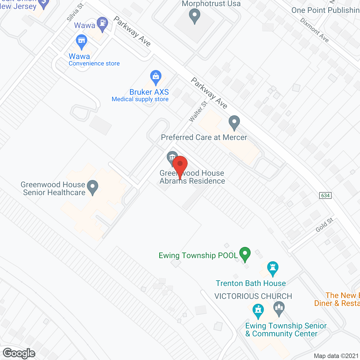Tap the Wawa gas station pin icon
tap(102, 24)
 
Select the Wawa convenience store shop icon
tap(82, 41)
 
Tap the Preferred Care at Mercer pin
tap(234, 123)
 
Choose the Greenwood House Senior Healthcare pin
tap(92, 187)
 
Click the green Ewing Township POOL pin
tap(245, 254)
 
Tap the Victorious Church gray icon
tap(279, 309)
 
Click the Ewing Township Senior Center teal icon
tap(258, 311)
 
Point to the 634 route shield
tap(325, 195)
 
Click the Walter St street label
tap(198, 112)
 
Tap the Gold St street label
tap(324, 225)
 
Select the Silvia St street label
tap(75, 12)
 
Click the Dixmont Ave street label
tap(314, 30)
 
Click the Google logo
tap(19, 353)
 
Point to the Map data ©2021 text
tap(336, 356)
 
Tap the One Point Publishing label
tap(325, 10)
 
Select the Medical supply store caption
tap(140, 99)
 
